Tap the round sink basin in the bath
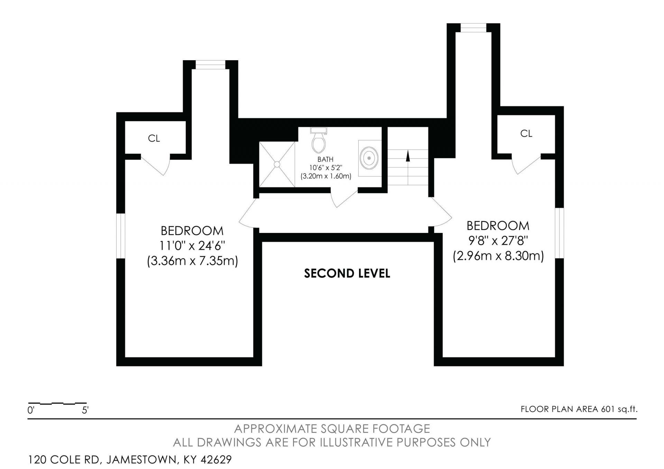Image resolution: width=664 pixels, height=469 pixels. pyautogui.click(x=369, y=158)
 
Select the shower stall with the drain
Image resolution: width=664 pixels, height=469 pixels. pyautogui.click(x=277, y=164)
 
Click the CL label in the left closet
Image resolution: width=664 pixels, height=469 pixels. pyautogui.click(x=154, y=138)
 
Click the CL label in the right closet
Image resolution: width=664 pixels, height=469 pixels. pyautogui.click(x=526, y=133)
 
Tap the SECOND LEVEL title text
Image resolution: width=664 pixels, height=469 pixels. pyautogui.click(x=347, y=273)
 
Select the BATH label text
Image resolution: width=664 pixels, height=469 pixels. pyautogui.click(x=325, y=159)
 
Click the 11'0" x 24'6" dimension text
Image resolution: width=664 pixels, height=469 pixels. pyautogui.click(x=192, y=246)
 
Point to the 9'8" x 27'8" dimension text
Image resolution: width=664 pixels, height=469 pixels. pyautogui.click(x=498, y=241)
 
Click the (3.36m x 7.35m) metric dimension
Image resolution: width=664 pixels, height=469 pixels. pyautogui.click(x=192, y=261)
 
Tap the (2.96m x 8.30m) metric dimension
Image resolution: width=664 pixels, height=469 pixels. pyautogui.click(x=498, y=256)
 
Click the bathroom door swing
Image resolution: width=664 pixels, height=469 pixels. pyautogui.click(x=344, y=198)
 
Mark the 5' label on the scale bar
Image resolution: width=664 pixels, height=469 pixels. pyautogui.click(x=85, y=410)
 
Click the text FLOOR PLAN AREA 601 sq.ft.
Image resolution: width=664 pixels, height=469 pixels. pyautogui.click(x=579, y=409)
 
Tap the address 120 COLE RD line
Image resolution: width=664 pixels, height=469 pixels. pyautogui.click(x=130, y=460)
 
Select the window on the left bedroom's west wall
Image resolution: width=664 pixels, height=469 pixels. pyautogui.click(x=120, y=236)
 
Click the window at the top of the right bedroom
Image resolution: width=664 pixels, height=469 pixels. pyautogui.click(x=473, y=28)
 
